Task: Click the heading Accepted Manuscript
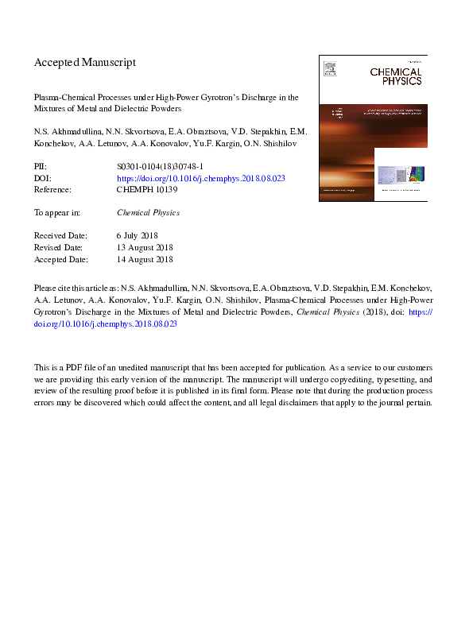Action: point(85,62)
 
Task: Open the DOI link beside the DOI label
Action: point(201,179)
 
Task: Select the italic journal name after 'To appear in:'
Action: point(149,213)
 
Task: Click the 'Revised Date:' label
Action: point(61,247)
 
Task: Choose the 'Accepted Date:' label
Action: point(63,259)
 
